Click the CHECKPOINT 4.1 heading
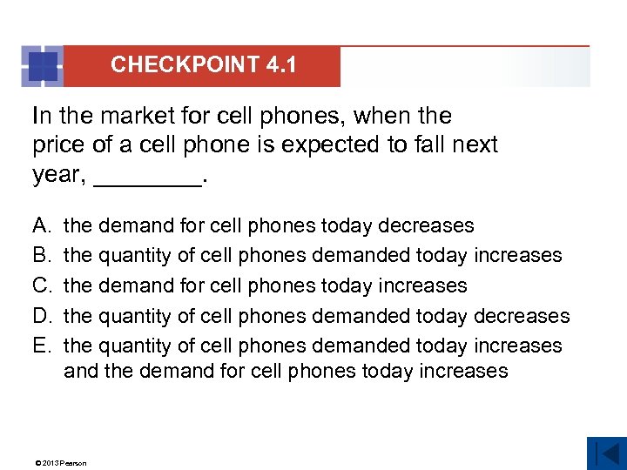tap(204, 64)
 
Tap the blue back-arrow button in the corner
tap(607, 453)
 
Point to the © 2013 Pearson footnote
tap(58, 463)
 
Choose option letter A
tap(41, 226)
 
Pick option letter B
tap(41, 256)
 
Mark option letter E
tap(41, 345)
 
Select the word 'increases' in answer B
tap(517, 256)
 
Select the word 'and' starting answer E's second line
tap(81, 371)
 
